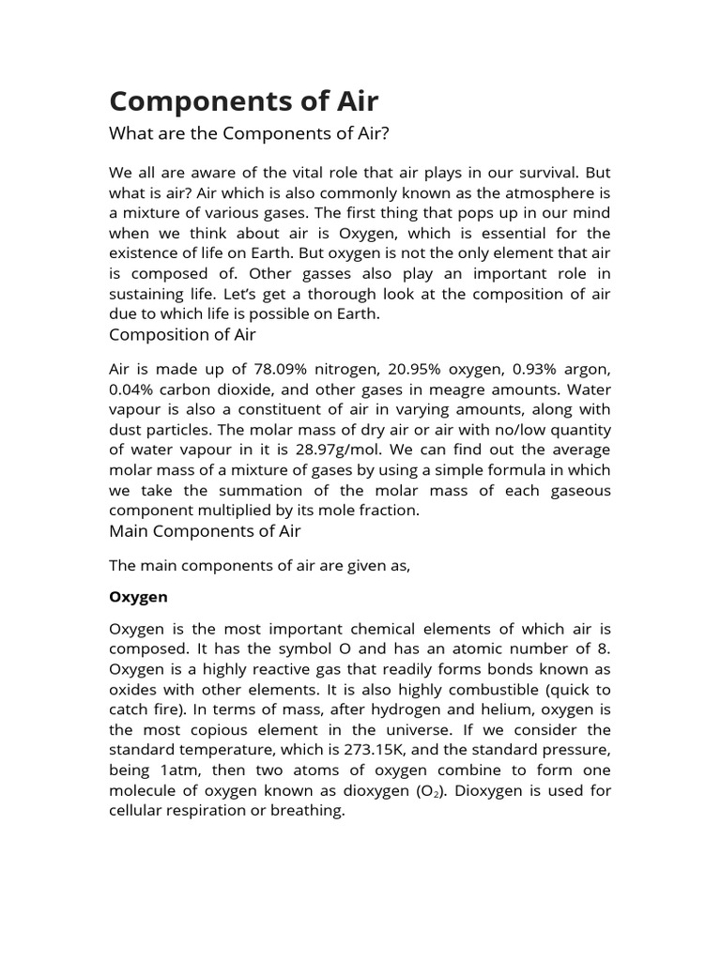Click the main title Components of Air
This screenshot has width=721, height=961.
point(244,100)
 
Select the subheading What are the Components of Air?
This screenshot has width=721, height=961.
point(249,133)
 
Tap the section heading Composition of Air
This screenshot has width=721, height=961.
point(182,334)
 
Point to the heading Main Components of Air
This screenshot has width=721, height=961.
point(205,531)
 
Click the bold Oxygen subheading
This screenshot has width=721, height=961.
point(138,596)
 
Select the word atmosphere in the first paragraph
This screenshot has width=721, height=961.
point(536,193)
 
